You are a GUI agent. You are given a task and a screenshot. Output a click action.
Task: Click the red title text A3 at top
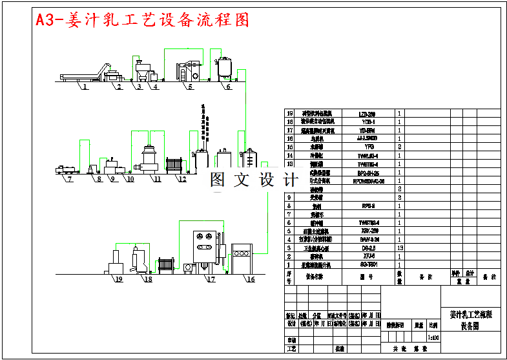pyautogui.click(x=47, y=20)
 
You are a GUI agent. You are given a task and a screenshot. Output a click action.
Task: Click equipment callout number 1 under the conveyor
pyautogui.click(x=84, y=87)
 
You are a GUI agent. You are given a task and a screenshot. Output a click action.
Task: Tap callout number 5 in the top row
pyautogui.click(x=190, y=87)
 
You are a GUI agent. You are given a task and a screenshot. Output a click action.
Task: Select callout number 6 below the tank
pyautogui.click(x=228, y=87)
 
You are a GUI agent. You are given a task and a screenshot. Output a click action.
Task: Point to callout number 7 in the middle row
pyautogui.click(x=68, y=178)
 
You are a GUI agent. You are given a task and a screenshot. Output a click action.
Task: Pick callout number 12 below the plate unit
pyautogui.click(x=182, y=178)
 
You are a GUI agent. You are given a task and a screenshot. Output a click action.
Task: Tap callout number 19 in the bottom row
pyautogui.click(x=118, y=279)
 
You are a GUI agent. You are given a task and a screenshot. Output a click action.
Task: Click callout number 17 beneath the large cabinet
pyautogui.click(x=211, y=279)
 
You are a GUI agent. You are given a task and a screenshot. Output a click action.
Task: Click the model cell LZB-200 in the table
pyautogui.click(x=367, y=113)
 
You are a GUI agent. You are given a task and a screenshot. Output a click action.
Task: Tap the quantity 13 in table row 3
pyautogui.click(x=400, y=248)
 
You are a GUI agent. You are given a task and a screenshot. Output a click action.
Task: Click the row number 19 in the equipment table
pyautogui.click(x=289, y=113)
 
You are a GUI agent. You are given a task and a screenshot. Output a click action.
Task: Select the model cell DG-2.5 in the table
pyautogui.click(x=367, y=248)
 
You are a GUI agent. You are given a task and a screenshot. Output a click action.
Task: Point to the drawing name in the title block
pyautogui.click(x=470, y=321)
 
